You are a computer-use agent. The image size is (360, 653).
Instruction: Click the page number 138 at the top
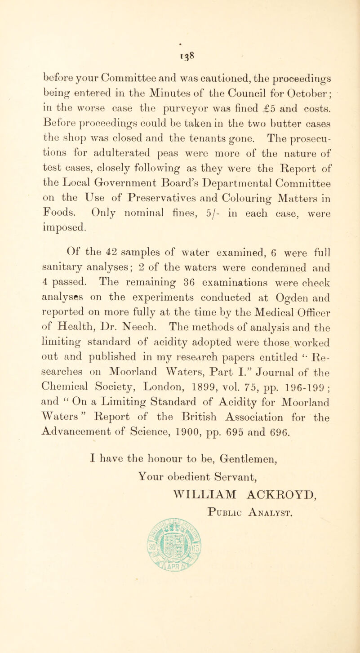(x=179, y=44)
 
